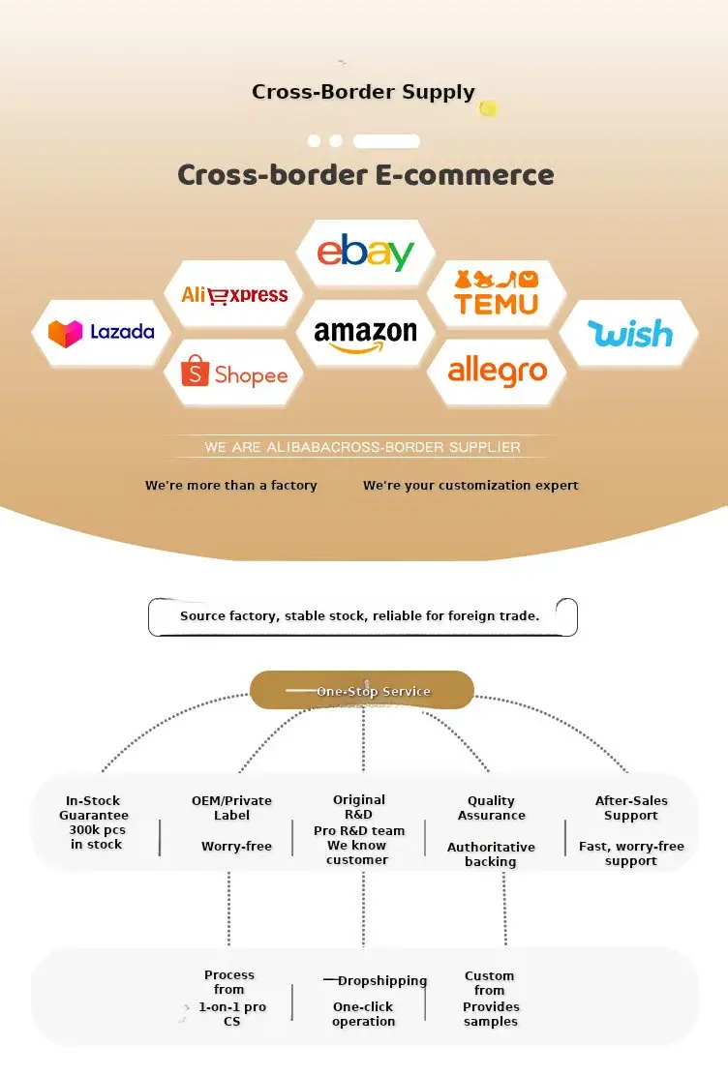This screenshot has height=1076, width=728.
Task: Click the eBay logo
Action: (365, 252)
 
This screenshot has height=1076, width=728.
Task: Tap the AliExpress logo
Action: (234, 295)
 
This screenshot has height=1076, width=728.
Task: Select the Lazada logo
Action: (101, 333)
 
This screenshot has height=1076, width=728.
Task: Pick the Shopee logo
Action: (234, 373)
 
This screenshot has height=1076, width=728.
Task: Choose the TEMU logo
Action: (497, 294)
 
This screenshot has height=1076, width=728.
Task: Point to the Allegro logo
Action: (498, 371)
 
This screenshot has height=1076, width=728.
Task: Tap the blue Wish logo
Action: (630, 333)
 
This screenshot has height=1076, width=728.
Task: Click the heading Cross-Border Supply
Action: (363, 92)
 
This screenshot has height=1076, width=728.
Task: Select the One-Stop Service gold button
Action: (362, 690)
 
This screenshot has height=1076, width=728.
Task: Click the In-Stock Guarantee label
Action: (93, 808)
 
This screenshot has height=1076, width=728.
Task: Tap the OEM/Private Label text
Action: (231, 808)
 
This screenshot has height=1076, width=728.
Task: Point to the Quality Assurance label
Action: (491, 808)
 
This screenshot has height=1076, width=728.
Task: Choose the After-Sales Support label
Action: (631, 808)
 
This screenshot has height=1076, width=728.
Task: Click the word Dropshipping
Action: (382, 981)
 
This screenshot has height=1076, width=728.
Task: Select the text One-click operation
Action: (363, 1014)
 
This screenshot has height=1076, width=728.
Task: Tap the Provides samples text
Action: (491, 1014)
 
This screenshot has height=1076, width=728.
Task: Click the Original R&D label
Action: (358, 807)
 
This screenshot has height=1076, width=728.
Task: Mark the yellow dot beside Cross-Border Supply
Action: (488, 107)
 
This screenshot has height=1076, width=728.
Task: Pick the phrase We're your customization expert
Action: (470, 485)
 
